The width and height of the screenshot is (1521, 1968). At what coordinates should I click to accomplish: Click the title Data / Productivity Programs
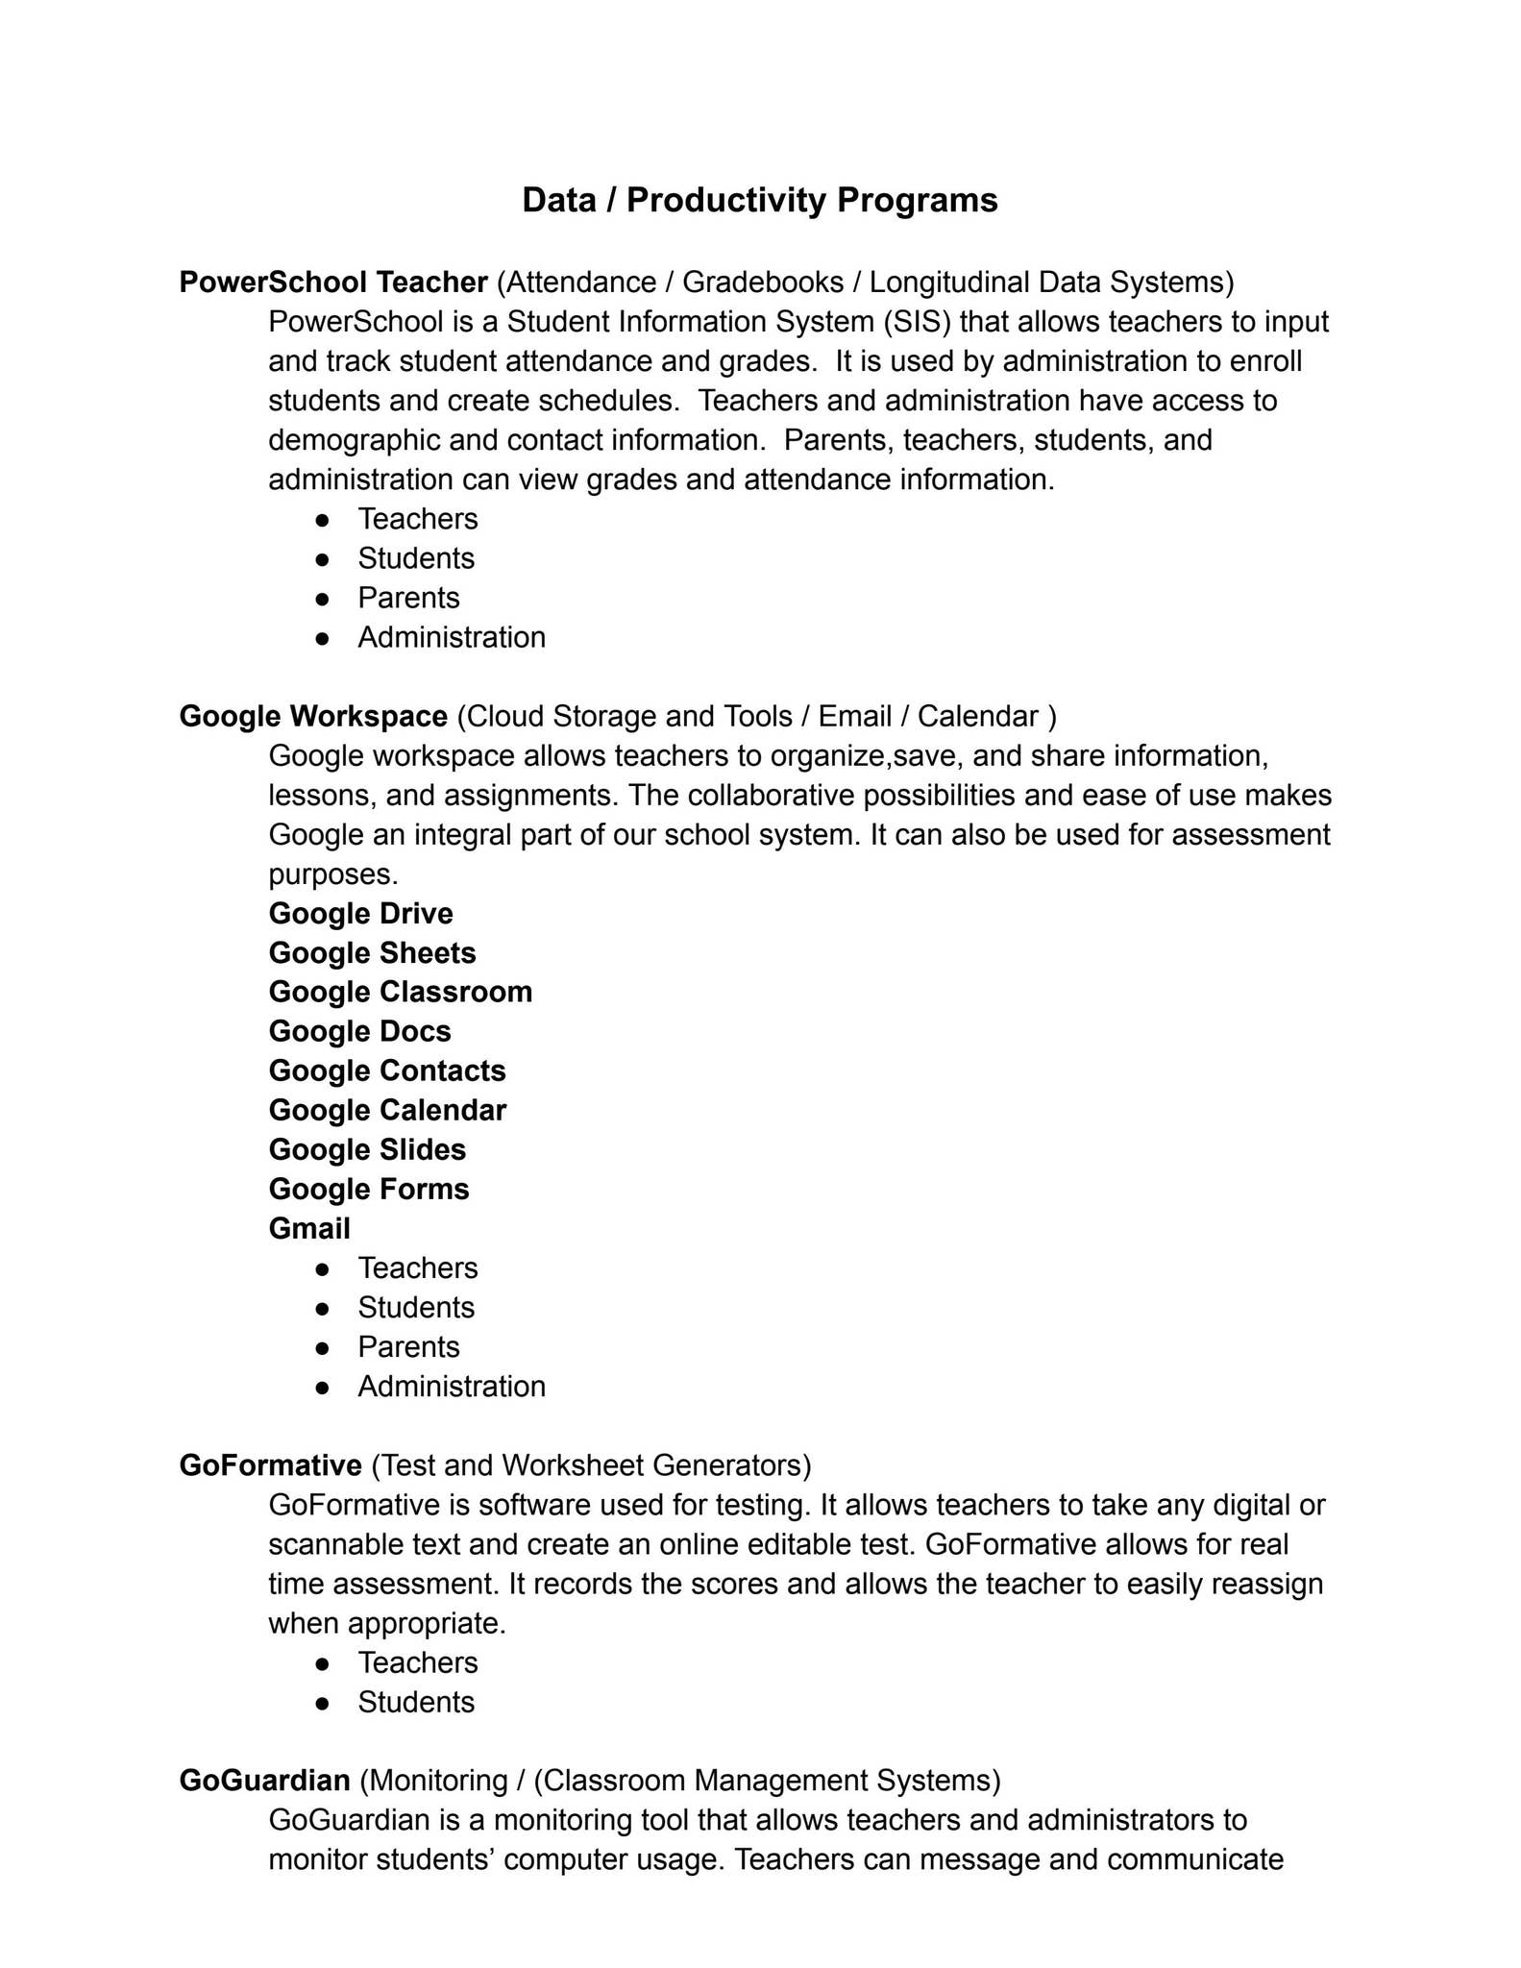(759, 200)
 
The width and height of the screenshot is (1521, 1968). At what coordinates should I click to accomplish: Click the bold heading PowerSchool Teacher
(333, 283)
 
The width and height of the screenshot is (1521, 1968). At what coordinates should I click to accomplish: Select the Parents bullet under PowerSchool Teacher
(408, 598)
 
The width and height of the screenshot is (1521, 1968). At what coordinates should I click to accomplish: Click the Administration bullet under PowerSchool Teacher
(451, 637)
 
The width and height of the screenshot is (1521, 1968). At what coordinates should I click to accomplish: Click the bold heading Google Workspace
(313, 716)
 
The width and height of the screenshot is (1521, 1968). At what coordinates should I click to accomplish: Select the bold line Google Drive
(360, 913)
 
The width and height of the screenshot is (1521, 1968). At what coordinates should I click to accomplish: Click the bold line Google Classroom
(400, 992)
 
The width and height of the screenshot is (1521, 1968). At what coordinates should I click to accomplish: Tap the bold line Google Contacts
(386, 1070)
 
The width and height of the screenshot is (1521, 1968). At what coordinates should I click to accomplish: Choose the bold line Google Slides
(367, 1149)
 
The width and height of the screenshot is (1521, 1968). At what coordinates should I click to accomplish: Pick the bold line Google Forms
(369, 1189)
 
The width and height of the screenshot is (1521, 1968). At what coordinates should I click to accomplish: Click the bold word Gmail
(309, 1228)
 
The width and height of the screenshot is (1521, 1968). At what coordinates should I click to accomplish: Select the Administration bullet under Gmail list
(451, 1386)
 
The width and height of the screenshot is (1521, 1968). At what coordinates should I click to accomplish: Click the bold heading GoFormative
(270, 1465)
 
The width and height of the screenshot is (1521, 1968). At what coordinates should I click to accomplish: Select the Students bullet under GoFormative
(416, 1702)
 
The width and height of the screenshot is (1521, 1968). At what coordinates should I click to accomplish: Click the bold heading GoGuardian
(264, 1781)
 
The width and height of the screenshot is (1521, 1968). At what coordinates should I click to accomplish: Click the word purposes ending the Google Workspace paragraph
(331, 874)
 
